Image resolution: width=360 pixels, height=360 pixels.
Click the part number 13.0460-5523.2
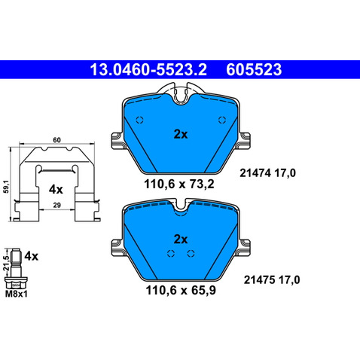click(x=148, y=69)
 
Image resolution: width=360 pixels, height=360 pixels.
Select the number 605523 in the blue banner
click(x=254, y=69)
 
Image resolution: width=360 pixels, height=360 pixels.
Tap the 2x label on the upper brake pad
click(x=181, y=135)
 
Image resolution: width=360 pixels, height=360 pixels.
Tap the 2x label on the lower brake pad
click(x=181, y=239)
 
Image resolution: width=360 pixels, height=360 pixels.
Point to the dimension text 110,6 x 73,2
click(x=179, y=185)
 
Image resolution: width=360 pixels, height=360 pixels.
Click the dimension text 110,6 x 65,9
click(x=181, y=291)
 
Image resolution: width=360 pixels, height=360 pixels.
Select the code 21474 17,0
click(x=267, y=173)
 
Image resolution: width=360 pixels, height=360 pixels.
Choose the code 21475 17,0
click(x=272, y=279)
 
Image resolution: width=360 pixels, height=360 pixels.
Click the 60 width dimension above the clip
click(x=57, y=140)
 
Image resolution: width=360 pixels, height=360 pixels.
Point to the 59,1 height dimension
click(x=6, y=186)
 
